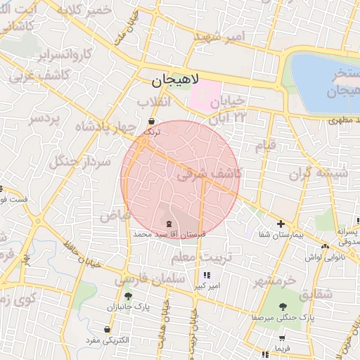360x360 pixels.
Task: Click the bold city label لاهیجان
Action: [x=175, y=81]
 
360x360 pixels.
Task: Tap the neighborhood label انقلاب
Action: [x=153, y=102]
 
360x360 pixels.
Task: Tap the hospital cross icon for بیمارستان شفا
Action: [x=281, y=224]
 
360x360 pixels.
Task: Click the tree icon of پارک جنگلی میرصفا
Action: [x=283, y=307]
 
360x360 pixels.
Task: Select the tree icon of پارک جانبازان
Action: [x=128, y=296]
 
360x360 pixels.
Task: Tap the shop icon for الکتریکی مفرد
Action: [x=106, y=328]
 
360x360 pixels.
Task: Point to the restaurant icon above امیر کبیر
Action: [x=206, y=275]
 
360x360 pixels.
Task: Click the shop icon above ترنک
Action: [x=152, y=121]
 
